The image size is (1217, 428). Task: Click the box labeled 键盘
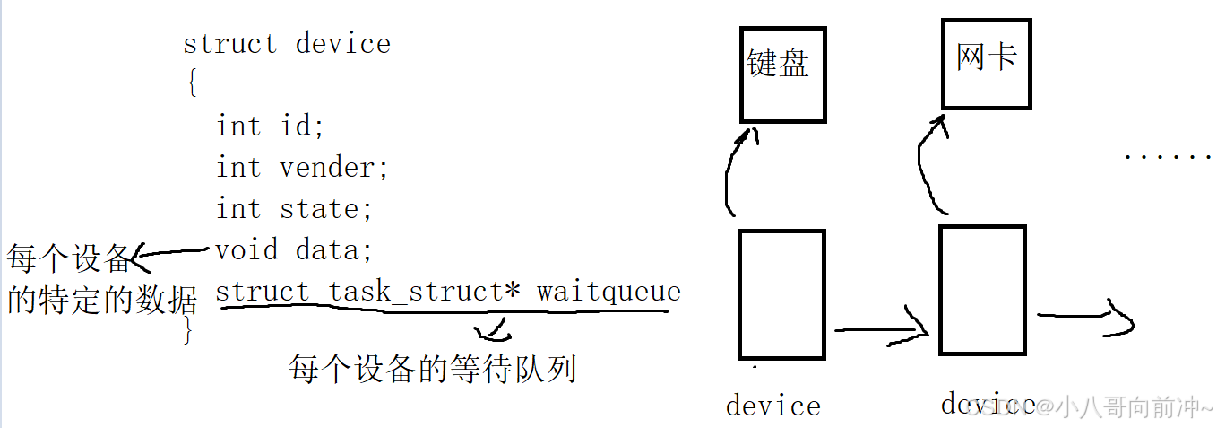[782, 74]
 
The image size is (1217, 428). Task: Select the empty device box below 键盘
[781, 294]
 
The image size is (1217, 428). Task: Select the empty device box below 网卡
[982, 289]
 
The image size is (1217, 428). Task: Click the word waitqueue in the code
[608, 292]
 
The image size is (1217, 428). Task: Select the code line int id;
[270, 127]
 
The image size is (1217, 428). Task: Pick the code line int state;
[293, 209]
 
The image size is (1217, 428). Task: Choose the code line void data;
[293, 249]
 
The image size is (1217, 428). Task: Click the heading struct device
[287, 44]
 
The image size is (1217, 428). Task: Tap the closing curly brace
[187, 330]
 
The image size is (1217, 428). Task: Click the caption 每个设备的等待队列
[432, 369]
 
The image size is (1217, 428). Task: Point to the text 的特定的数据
[102, 300]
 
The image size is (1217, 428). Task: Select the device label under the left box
[772, 406]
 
